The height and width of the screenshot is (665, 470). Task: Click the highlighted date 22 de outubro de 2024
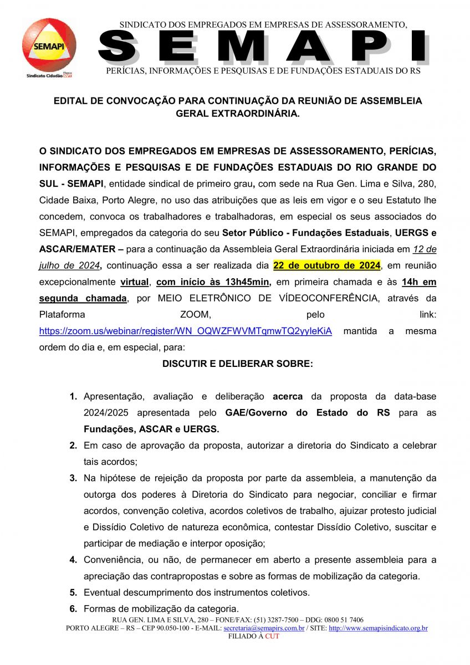[326, 266]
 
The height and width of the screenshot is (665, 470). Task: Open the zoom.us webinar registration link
[185, 331]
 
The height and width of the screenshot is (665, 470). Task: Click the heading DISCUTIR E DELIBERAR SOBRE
[237, 364]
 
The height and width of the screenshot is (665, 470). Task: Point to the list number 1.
[73, 397]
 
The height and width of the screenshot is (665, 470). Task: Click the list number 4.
[73, 560]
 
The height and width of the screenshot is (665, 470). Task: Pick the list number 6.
[73, 608]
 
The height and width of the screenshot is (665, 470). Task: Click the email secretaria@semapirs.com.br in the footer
[264, 628]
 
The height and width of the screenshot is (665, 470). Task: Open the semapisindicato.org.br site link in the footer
[378, 628]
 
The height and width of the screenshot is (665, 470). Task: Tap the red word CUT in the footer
[272, 636]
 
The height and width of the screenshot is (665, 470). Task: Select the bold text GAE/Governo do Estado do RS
[307, 413]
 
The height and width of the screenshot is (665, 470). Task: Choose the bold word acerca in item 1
[288, 397]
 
